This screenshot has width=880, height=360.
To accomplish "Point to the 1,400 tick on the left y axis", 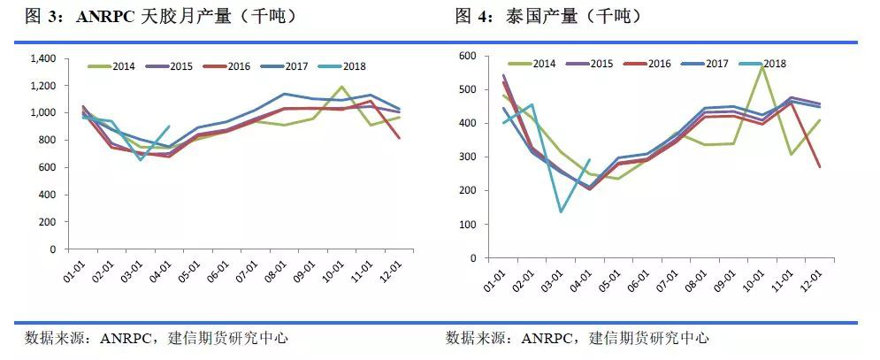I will (x=42, y=58).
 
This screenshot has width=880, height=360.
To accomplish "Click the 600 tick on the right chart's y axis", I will (x=468, y=56).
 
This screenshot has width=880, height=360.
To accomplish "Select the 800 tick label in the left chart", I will (x=48, y=140).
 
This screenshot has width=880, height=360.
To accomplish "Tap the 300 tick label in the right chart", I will (x=468, y=157).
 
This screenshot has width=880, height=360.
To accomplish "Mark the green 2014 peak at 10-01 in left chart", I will (x=341, y=87).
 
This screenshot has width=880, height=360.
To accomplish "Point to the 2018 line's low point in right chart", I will (x=561, y=211).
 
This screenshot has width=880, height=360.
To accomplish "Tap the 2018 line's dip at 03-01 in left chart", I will (x=142, y=160).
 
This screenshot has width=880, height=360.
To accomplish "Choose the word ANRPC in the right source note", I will (x=547, y=338).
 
